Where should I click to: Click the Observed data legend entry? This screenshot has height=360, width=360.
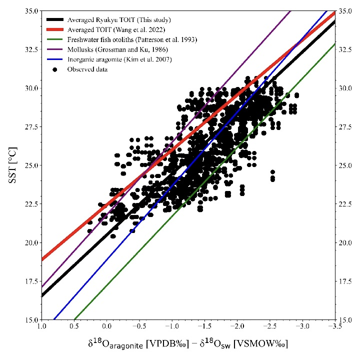pos(87,69)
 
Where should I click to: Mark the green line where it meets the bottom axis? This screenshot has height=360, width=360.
pos(74,318)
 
